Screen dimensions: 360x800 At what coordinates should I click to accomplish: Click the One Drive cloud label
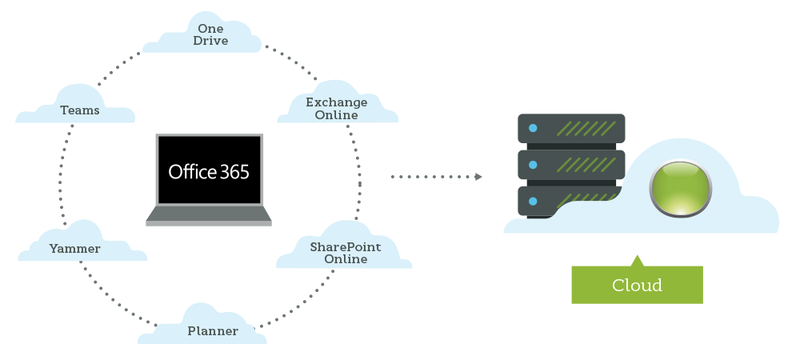pos(210,35)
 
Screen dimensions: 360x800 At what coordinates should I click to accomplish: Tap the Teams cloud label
pos(80,110)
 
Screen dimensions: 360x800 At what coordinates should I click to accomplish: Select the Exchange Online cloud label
pos(337,108)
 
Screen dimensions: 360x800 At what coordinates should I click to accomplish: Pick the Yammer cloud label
pos(74,249)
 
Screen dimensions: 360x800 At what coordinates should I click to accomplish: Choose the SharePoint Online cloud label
pos(346,253)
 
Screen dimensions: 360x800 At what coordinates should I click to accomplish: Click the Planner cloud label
pos(213,330)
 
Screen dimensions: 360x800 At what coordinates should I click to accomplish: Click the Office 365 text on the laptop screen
pos(209,171)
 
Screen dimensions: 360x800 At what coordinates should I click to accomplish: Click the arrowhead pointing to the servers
pos(478,177)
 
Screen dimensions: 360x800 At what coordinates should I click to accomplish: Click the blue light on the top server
pos(533,128)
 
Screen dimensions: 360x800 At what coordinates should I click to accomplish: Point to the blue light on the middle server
pos(533,165)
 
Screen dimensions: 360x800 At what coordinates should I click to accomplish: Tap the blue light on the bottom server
pos(533,201)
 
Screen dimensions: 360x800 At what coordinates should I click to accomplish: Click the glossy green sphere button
pos(680,189)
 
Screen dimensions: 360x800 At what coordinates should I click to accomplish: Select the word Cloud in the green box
pos(637,286)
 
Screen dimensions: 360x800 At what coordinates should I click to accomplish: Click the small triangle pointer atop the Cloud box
pos(637,261)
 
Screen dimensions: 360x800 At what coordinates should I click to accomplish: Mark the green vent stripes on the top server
pos(586,128)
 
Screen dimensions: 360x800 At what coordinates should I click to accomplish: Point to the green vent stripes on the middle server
pos(586,165)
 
